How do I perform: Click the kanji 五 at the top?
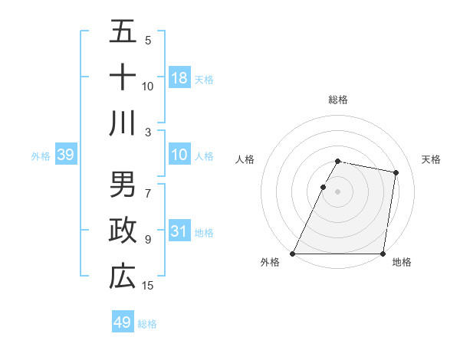123,32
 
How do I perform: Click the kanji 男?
123,185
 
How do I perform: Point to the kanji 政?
123,231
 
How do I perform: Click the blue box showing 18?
179,78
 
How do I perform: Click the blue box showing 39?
66,155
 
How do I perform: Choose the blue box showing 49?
123,322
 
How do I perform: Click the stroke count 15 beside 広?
148,286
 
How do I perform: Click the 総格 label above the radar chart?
338,100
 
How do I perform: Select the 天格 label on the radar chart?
431,159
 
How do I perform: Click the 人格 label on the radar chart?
245,159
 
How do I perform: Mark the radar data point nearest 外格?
293,254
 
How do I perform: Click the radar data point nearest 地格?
383,254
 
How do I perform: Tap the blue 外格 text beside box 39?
41,156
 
